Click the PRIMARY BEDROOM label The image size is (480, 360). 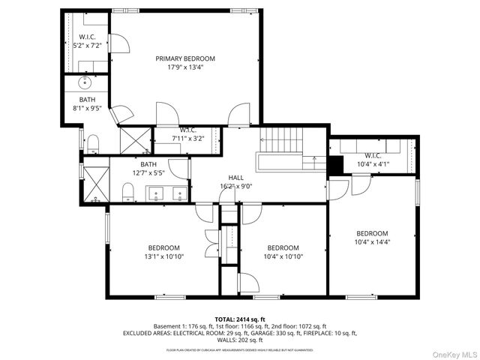coord(185,58)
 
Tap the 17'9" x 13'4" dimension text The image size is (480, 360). coord(185,67)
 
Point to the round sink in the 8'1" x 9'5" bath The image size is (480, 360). coord(84,82)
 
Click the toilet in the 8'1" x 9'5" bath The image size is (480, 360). coord(93,142)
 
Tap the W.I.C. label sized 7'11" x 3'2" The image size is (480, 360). coord(187,130)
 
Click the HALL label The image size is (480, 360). coord(236,178)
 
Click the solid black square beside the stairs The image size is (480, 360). coord(335,163)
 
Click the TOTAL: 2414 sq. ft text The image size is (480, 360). coord(239,319)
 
